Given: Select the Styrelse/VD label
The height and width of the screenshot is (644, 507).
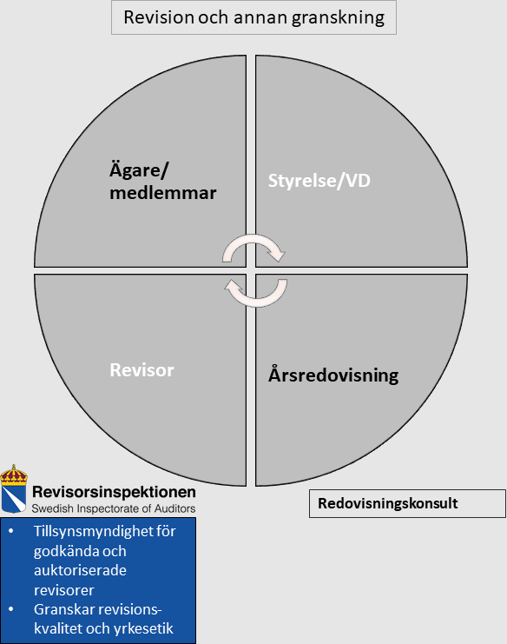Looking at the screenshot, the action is click(x=319, y=181).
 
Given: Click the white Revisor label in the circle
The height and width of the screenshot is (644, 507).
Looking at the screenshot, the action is click(x=142, y=370).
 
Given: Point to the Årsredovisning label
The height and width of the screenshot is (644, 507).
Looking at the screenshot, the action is click(x=333, y=375).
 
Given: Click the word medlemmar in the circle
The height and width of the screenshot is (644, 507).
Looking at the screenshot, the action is click(x=163, y=193).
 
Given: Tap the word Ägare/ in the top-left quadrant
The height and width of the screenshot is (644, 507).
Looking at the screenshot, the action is click(x=139, y=170).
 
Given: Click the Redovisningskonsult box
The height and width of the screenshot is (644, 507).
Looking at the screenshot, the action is click(x=407, y=503).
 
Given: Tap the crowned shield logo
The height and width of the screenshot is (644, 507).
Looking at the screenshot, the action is click(x=14, y=488).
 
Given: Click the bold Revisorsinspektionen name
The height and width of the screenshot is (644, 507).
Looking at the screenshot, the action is click(x=114, y=492).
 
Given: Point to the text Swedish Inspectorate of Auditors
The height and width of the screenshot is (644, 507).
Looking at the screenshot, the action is click(x=114, y=508).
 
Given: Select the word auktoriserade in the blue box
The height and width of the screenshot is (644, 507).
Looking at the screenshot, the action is click(x=80, y=570).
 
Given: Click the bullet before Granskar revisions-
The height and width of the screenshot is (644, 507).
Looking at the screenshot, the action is click(x=11, y=609).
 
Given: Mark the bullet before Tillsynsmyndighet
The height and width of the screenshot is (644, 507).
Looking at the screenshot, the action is click(x=11, y=532).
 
